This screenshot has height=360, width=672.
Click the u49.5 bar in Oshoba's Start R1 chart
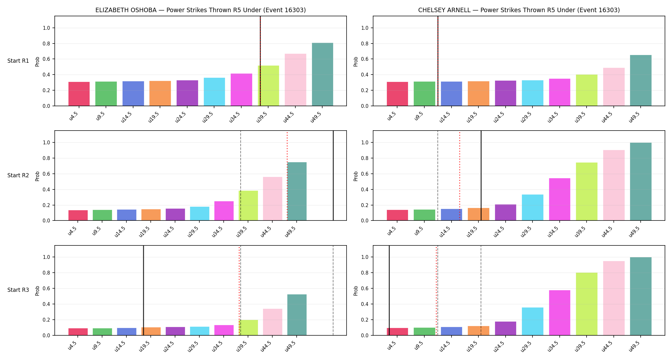tap(322, 74)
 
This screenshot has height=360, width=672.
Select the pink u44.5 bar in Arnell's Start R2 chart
tap(614, 185)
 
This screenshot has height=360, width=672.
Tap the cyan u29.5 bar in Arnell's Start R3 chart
tap(532, 321)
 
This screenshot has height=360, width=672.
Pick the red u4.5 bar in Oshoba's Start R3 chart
tap(78, 332)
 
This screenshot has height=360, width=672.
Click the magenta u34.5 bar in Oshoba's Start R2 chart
tap(224, 211)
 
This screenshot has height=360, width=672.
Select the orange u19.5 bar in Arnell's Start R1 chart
tap(478, 93)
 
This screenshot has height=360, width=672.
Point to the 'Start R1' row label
tap(18, 61)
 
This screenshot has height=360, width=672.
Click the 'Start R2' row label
tap(18, 175)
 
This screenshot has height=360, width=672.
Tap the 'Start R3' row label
tap(18, 290)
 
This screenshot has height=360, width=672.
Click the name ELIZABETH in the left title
tap(111, 10)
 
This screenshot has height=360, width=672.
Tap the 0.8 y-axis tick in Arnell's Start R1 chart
tap(365, 44)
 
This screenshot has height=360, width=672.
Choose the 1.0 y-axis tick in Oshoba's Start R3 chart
tap(46, 257)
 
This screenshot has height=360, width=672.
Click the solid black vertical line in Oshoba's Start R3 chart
tap(143, 291)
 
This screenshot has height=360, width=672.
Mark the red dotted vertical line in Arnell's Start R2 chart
tap(460, 176)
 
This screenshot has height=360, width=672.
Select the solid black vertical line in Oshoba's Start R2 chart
tap(333, 176)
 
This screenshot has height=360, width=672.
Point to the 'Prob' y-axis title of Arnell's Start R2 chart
tap(356, 176)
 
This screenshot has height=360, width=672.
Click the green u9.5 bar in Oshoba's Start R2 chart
tap(102, 215)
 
